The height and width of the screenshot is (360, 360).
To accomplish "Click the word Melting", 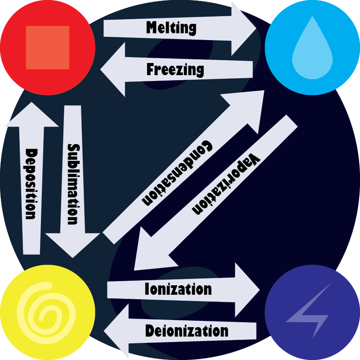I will [x=171, y=27].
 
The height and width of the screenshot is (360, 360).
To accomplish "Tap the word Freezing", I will [x=175, y=70].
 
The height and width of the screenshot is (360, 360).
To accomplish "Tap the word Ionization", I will [x=178, y=289].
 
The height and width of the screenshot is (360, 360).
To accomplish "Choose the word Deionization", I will [x=187, y=332].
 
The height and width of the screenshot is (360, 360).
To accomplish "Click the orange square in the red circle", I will [x=48, y=47].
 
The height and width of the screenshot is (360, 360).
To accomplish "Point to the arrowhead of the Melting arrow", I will [x=243, y=28].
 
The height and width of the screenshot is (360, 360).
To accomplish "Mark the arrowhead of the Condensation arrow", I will [x=250, y=106].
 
